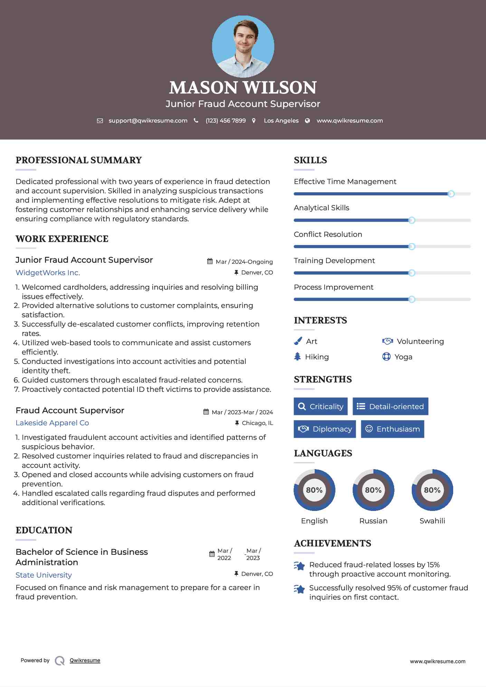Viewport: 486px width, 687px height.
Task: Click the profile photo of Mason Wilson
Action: pyautogui.click(x=243, y=46)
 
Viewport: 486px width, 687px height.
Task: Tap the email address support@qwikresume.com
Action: pyautogui.click(x=148, y=120)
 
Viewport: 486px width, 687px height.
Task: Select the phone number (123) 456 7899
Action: pyautogui.click(x=226, y=120)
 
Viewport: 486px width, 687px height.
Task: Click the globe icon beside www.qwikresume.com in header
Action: pyautogui.click(x=307, y=120)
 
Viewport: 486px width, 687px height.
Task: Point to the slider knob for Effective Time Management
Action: pyautogui.click(x=451, y=194)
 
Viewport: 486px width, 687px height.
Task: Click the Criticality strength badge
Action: pyautogui.click(x=321, y=406)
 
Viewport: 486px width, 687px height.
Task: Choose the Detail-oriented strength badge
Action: pyautogui.click(x=390, y=406)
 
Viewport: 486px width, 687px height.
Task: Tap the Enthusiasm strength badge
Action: pyautogui.click(x=392, y=429)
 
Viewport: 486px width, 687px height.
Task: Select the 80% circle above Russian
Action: pyautogui.click(x=373, y=490)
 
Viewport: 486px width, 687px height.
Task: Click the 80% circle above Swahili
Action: pyautogui.click(x=432, y=490)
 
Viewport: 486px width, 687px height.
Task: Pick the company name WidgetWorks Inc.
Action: pyautogui.click(x=48, y=273)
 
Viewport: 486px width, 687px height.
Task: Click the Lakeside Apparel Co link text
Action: pyautogui.click(x=52, y=423)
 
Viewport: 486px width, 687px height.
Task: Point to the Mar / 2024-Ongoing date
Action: pyautogui.click(x=244, y=262)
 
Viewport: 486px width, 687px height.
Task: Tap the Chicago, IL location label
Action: pyautogui.click(x=257, y=423)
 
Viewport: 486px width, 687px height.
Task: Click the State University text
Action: pyautogui.click(x=44, y=575)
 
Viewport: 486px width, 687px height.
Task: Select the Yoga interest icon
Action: pyautogui.click(x=386, y=357)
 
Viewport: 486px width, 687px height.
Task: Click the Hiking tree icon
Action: pyautogui.click(x=297, y=357)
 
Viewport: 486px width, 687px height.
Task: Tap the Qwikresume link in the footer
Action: pyautogui.click(x=85, y=660)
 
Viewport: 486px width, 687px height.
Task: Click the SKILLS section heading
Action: pyautogui.click(x=310, y=160)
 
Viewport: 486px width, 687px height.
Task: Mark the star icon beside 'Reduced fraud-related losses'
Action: pyautogui.click(x=299, y=566)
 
